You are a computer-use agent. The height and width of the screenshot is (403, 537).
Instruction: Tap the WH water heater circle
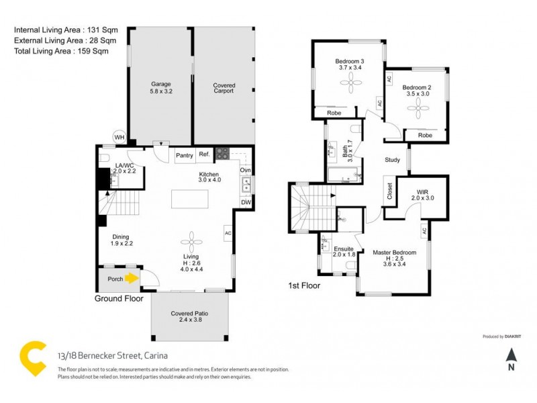pyautogui.click(x=119, y=137)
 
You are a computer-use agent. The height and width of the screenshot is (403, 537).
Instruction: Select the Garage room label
pyautogui.click(x=160, y=85)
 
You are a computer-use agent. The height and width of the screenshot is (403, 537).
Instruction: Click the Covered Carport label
pyautogui.click(x=224, y=87)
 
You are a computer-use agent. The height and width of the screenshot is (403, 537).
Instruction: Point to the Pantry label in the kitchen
pyautogui.click(x=184, y=155)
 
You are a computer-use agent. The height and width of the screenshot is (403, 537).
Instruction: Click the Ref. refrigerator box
pyautogui.click(x=205, y=154)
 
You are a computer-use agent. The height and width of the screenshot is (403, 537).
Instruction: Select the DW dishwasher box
pyautogui.click(x=246, y=202)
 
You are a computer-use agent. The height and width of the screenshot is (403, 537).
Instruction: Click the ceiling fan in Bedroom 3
pyautogui.click(x=350, y=85)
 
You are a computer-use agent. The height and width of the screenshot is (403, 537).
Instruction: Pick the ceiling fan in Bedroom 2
pyautogui.click(x=416, y=111)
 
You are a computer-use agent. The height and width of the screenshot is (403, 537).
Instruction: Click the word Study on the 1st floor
pyautogui.click(x=393, y=160)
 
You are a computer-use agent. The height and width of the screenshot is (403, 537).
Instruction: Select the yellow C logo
pyautogui.click(x=30, y=358)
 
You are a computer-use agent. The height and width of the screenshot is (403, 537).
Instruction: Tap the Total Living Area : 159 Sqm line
pyautogui.click(x=61, y=50)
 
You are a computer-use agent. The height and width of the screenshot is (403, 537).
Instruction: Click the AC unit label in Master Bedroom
pyautogui.click(x=424, y=232)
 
